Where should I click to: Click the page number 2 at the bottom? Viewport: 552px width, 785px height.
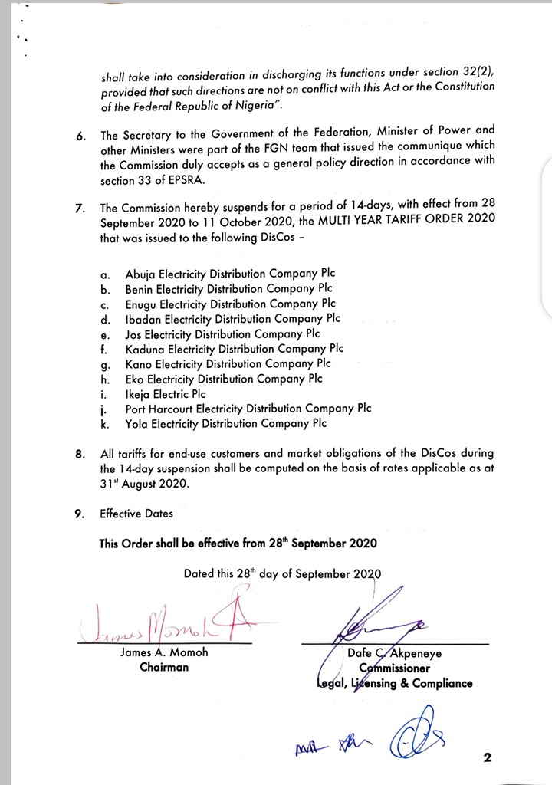click(486, 759)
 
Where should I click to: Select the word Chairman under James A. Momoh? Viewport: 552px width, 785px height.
click(164, 667)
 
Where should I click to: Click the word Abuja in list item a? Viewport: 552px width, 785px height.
click(141, 273)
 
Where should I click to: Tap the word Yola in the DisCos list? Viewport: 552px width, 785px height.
click(138, 423)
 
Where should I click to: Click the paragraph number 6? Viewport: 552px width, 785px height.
click(80, 136)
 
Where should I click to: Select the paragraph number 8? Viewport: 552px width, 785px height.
click(80, 454)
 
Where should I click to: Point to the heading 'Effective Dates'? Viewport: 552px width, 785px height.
click(136, 514)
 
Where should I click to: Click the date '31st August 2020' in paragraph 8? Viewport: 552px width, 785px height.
click(144, 484)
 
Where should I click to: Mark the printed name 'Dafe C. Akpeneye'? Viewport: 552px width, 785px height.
click(394, 654)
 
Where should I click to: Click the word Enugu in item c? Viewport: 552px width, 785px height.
click(142, 304)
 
